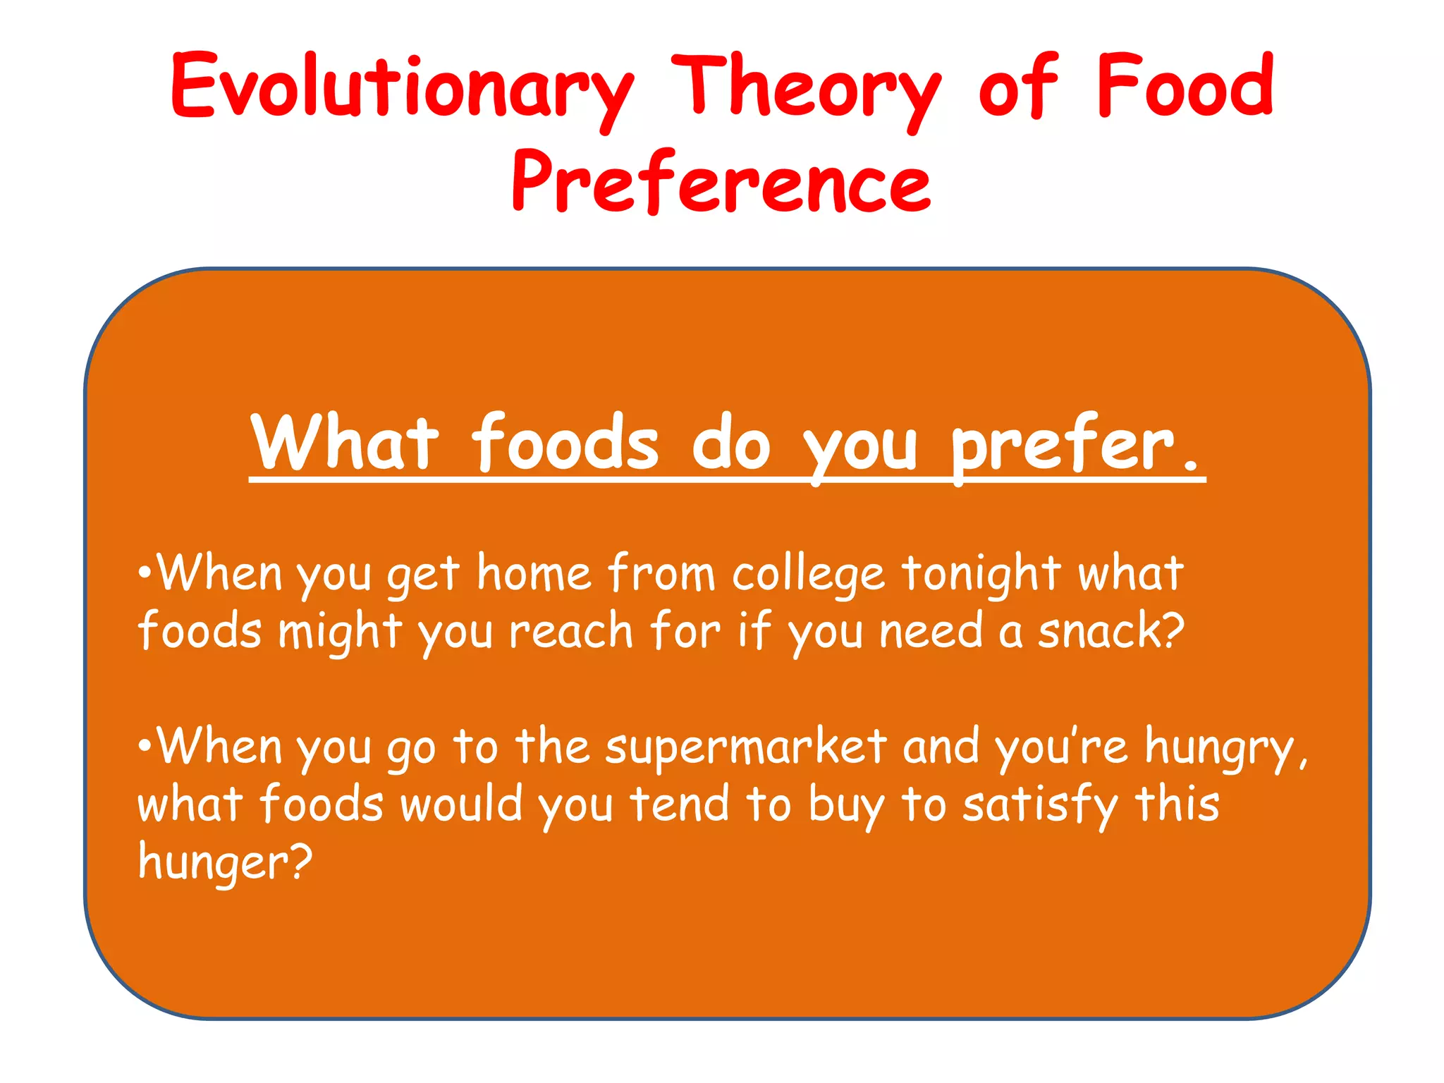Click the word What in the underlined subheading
pos(345,443)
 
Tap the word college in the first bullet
pos(808,575)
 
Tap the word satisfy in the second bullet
pos(1041,806)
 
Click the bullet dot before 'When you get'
pos(145,570)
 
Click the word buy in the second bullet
pos(845,806)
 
